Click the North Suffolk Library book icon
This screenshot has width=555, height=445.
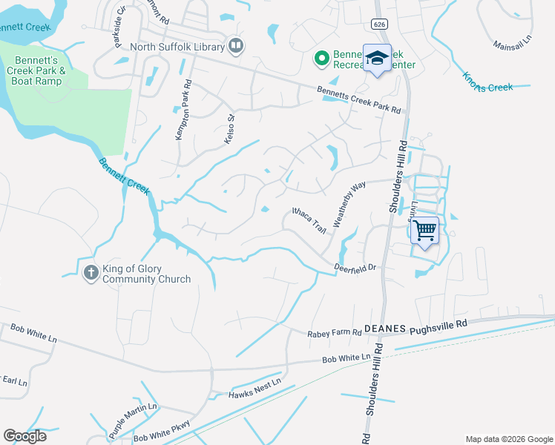point(235,47)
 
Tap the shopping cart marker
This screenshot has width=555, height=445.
point(424,231)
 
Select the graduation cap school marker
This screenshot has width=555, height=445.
point(377,59)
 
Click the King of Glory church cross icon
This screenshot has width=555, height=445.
point(91,272)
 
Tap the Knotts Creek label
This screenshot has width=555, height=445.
point(487,82)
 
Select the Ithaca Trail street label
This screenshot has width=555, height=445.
point(309,221)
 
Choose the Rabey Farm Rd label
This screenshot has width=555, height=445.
point(334,334)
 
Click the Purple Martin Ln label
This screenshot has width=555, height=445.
point(133,418)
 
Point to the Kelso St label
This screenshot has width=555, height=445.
point(229,128)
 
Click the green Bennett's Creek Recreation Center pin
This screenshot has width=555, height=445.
point(322,58)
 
